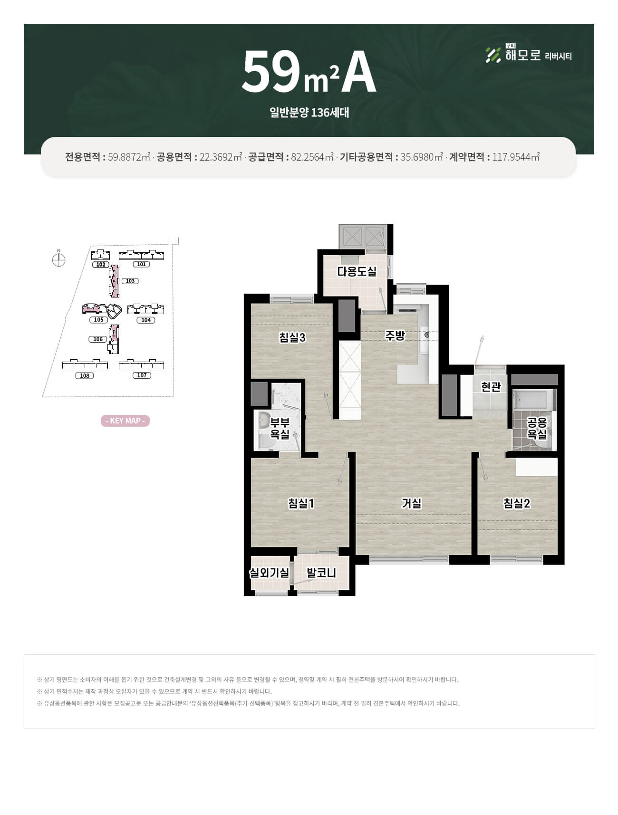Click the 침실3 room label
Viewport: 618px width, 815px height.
pos(292,337)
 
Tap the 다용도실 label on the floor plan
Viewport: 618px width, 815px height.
pos(357,271)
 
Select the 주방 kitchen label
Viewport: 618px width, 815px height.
pos(395,336)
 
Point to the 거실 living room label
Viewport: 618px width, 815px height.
pos(411,503)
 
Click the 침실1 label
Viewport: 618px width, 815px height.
pos(301,503)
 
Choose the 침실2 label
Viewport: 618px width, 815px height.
pos(517,503)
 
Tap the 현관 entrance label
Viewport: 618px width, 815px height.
pos(491,387)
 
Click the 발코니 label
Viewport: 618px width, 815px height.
pos(321,573)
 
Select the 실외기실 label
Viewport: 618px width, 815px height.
pos(270,573)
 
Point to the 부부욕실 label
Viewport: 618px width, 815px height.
pos(280,428)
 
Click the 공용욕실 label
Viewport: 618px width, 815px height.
pos(537,428)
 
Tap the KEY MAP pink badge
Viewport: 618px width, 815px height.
pos(125,421)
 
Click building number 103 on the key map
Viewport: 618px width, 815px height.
pos(130,281)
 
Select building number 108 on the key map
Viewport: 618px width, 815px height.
pos(85,375)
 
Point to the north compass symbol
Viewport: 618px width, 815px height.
pos(58,259)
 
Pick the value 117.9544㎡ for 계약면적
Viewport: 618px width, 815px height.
pos(516,157)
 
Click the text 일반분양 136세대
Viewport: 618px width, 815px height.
pos(309,113)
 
